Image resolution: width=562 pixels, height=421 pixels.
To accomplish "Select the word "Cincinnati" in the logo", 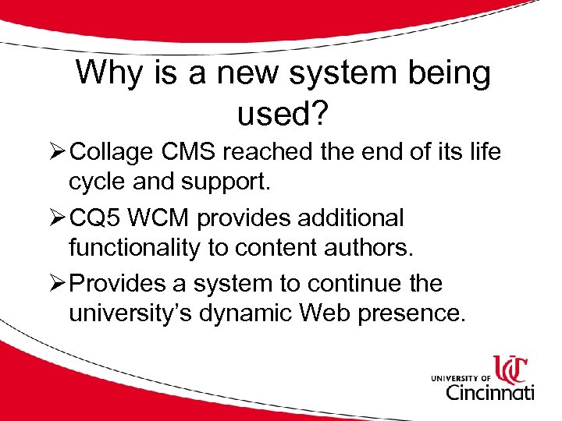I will [x=490, y=391].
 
